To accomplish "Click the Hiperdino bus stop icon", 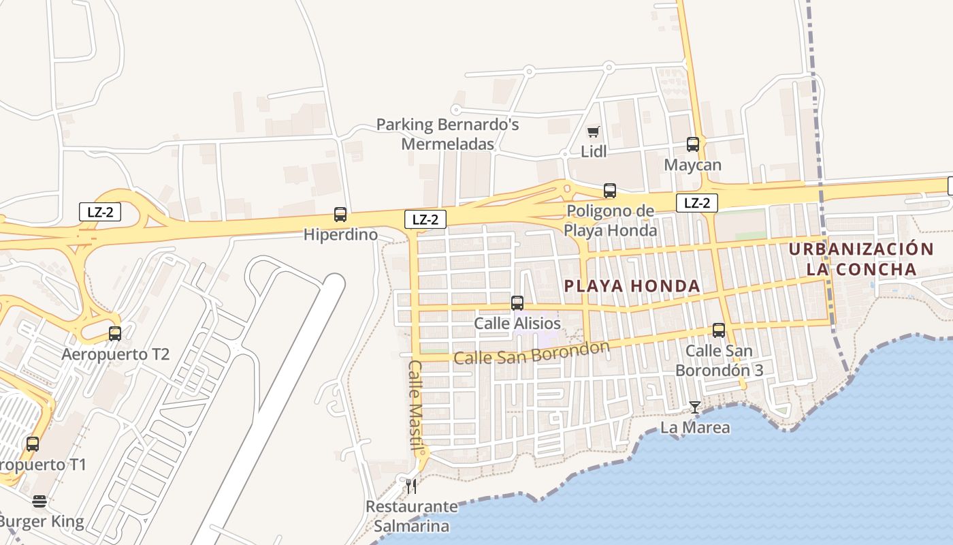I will point(340,215).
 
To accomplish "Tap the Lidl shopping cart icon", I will point(594,131).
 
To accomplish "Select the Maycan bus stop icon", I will point(693,144).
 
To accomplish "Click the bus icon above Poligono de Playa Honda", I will point(610,191).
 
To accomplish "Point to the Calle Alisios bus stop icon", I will point(517,303).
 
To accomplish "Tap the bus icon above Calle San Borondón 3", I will point(719,330).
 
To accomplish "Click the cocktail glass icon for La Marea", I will point(694,407).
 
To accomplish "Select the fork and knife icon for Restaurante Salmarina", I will point(410,486).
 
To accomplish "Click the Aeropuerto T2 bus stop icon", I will point(115,334).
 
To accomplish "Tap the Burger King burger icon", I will point(39,502).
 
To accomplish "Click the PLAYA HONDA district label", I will point(632,286).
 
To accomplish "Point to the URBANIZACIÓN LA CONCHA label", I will point(861,259).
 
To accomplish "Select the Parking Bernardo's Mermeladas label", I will point(447,134).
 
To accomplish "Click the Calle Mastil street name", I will point(416,405).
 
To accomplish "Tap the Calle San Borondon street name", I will point(532,353).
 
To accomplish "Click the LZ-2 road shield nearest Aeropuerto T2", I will point(100,212).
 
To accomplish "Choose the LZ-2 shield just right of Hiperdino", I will point(425,219).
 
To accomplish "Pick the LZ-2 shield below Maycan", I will point(696,202).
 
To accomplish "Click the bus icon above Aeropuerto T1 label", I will point(33,444).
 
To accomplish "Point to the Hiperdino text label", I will point(340,235).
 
